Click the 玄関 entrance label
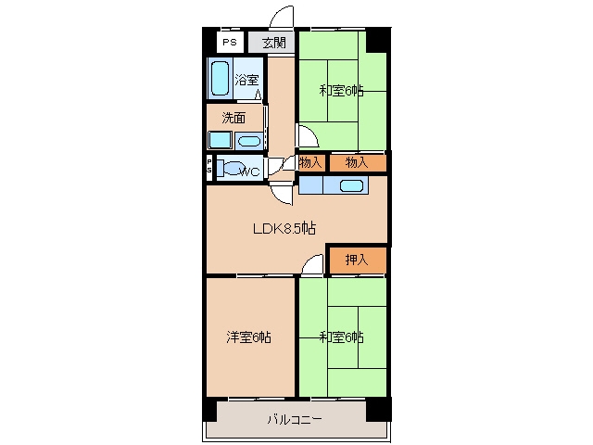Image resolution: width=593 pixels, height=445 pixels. tap(274, 43)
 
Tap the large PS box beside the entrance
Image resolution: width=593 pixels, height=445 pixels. tap(230, 42)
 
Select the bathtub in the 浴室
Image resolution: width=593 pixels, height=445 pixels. tap(220, 78)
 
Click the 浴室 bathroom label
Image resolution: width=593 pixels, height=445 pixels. tap(246, 80)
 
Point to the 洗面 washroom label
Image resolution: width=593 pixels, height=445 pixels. tap(233, 118)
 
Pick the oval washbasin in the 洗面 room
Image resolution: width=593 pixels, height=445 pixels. tap(249, 142)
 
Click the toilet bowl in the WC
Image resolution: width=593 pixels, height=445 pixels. tap(232, 168)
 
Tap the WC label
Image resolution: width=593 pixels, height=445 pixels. tap(250, 172)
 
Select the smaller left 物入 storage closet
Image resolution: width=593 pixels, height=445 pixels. tap(311, 163)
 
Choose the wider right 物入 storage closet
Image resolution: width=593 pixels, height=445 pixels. tap(358, 163)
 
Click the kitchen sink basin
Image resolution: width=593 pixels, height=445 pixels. tap(352, 185)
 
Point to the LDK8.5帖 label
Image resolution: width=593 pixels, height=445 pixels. tap(284, 229)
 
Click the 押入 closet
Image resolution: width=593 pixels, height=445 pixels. tap(357, 260)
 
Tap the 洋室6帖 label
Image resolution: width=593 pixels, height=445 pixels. tap(248, 337)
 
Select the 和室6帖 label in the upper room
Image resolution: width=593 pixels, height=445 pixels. tap(342, 91)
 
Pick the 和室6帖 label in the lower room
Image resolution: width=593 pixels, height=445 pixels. tap(342, 337)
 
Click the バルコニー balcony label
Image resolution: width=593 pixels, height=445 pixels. tap(295, 420)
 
